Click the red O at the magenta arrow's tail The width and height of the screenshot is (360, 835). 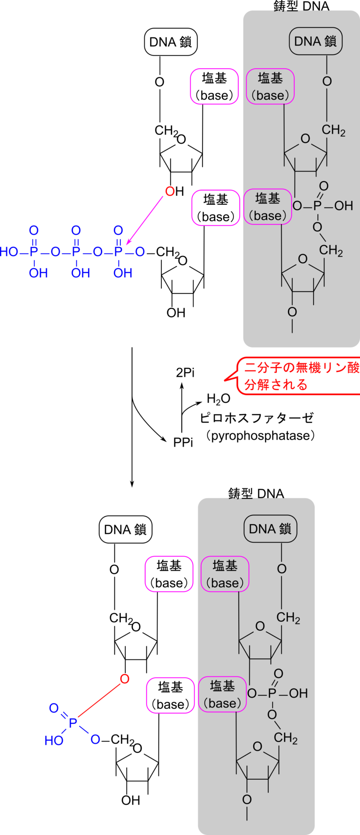(x=170, y=191)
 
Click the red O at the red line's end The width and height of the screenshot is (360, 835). (x=125, y=679)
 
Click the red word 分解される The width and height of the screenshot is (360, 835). (x=276, y=385)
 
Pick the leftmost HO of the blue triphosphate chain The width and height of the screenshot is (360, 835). (x=9, y=252)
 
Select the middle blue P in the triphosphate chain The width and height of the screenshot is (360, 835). (x=76, y=252)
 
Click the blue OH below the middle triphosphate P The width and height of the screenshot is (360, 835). (x=80, y=273)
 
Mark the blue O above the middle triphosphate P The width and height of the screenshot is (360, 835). (x=76, y=230)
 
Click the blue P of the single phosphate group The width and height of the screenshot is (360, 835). (x=73, y=723)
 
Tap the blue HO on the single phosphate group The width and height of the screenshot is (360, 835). (x=54, y=741)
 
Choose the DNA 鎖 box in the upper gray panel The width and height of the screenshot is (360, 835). (x=316, y=41)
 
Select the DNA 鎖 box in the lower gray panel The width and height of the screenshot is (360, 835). (x=270, y=529)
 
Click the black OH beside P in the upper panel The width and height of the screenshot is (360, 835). (x=343, y=206)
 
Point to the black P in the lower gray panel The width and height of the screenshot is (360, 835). (x=272, y=693)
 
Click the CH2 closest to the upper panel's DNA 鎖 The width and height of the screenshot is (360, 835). (x=333, y=130)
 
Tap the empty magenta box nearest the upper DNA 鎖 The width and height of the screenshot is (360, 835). (x=214, y=86)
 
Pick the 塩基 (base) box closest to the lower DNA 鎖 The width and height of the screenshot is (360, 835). (x=225, y=574)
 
